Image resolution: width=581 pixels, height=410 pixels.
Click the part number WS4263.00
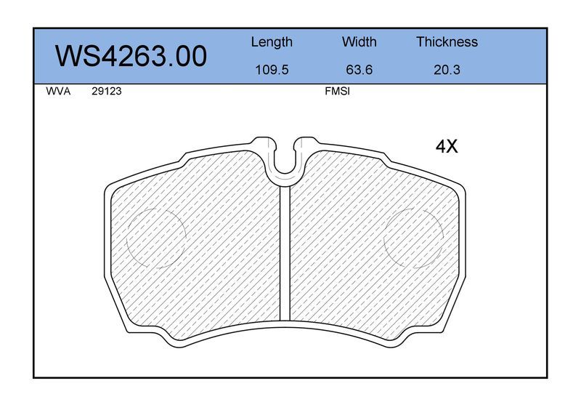click(x=131, y=57)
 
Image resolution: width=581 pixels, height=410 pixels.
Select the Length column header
click(x=272, y=42)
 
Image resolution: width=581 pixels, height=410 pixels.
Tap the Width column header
click(x=359, y=41)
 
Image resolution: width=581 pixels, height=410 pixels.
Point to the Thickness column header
click(x=447, y=41)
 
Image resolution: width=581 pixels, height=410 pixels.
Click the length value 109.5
click(x=272, y=70)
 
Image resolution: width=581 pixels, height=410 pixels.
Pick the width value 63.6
click(x=359, y=70)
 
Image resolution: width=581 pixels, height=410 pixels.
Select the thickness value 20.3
click(x=447, y=70)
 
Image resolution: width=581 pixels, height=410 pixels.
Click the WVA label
click(x=58, y=92)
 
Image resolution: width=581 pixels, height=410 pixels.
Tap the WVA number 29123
click(x=107, y=92)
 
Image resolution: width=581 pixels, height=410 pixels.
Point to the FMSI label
click(x=337, y=92)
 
